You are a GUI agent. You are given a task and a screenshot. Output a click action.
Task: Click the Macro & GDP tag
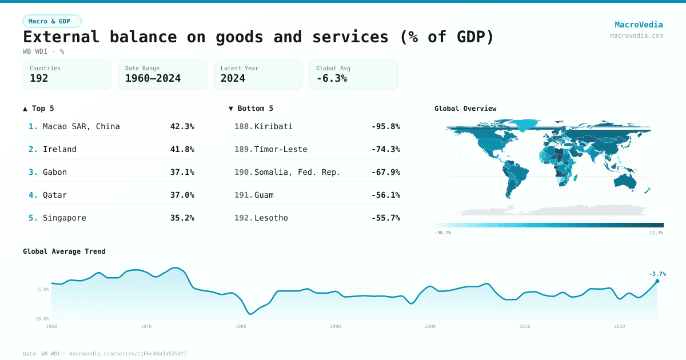[x=52, y=21]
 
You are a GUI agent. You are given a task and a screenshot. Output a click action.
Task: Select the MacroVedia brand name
[x=639, y=25]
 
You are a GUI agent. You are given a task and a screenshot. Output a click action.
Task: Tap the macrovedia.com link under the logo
[x=636, y=35]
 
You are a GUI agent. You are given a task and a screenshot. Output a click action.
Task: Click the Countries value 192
[x=39, y=78]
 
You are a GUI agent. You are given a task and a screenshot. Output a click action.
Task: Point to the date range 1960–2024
[x=153, y=78]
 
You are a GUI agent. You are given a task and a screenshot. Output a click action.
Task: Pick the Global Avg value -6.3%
[x=332, y=78]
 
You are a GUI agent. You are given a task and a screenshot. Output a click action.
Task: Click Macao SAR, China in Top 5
[x=81, y=126]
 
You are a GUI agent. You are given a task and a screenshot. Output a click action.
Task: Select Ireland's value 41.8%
[x=182, y=149]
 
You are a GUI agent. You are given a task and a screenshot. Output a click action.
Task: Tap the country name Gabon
[x=55, y=172]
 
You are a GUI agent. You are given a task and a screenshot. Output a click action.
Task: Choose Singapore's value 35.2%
[x=182, y=218]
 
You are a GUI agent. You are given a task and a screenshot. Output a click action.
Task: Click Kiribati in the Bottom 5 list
[x=273, y=126]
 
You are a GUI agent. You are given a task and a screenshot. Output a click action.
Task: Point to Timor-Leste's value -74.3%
[x=385, y=149]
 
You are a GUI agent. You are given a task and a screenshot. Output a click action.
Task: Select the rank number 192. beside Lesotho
[x=244, y=218]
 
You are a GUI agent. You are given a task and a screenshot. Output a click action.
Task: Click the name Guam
[x=264, y=195]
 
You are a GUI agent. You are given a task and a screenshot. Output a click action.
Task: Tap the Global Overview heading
[x=465, y=108]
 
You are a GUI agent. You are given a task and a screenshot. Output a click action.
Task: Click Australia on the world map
[x=625, y=181]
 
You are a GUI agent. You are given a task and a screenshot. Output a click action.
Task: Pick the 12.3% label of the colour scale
[x=656, y=233]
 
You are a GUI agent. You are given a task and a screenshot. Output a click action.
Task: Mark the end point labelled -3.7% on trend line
[x=657, y=281]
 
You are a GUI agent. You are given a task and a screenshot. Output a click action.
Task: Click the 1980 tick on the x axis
[x=241, y=326]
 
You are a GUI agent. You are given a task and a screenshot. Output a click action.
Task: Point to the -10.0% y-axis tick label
[x=41, y=319]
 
